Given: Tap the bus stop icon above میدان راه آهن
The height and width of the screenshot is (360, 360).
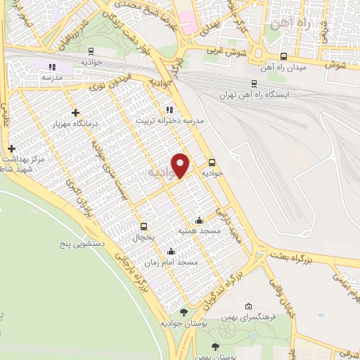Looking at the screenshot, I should pos(283,57).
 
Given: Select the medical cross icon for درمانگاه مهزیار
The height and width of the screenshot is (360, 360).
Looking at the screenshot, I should pos(76,112).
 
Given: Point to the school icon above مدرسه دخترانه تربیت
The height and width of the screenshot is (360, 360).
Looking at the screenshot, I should pos(169,110).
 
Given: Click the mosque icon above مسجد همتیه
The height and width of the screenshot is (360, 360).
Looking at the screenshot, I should pos(200,220).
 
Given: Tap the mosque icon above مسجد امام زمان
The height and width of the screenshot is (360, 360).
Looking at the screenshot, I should pos(171,252).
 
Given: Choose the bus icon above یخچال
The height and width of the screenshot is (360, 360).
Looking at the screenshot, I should pos(143,226).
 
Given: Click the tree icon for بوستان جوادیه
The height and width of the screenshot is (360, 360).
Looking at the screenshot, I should pos(184,312).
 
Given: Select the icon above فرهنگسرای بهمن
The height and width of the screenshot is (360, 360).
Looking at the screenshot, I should pos(247,307).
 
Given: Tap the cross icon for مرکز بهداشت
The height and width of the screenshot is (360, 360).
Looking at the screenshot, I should pos(11,148).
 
